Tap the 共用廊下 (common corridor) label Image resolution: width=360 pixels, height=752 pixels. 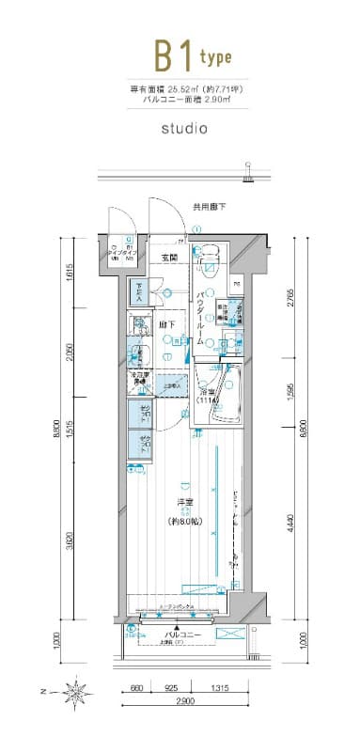tap(210, 205)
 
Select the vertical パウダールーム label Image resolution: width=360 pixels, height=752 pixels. tap(202, 320)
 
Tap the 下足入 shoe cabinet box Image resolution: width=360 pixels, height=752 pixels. tap(138, 290)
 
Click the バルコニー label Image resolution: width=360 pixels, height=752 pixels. tap(179, 635)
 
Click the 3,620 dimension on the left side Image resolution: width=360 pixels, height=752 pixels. tap(70, 540)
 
